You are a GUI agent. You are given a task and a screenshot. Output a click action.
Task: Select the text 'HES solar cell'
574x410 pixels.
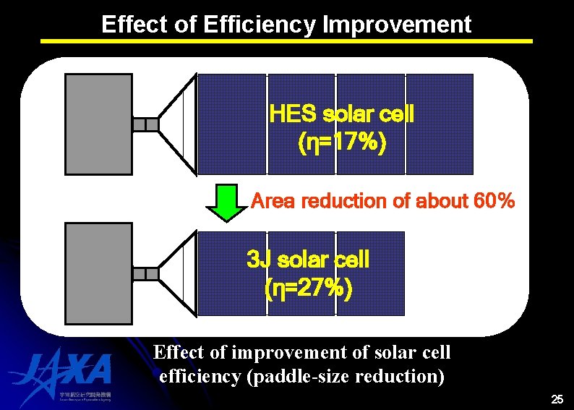click(341, 114)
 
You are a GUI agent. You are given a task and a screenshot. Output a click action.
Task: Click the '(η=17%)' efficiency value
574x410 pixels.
click(342, 143)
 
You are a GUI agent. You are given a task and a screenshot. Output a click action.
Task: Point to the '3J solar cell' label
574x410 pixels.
click(308, 259)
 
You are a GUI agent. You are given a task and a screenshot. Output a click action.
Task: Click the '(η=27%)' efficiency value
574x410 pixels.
click(309, 289)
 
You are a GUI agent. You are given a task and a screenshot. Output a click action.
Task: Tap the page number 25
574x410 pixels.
click(557, 399)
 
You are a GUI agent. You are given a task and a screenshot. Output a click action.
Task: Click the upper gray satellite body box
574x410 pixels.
click(99, 124)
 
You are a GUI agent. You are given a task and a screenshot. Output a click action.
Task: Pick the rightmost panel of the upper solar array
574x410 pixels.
click(440, 124)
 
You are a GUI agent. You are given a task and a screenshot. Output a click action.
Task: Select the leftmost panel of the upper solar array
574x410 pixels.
click(232, 124)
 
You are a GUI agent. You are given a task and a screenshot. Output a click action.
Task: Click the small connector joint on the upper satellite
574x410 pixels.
click(146, 124)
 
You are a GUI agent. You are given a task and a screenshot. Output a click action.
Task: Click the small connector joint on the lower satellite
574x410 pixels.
click(146, 273)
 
